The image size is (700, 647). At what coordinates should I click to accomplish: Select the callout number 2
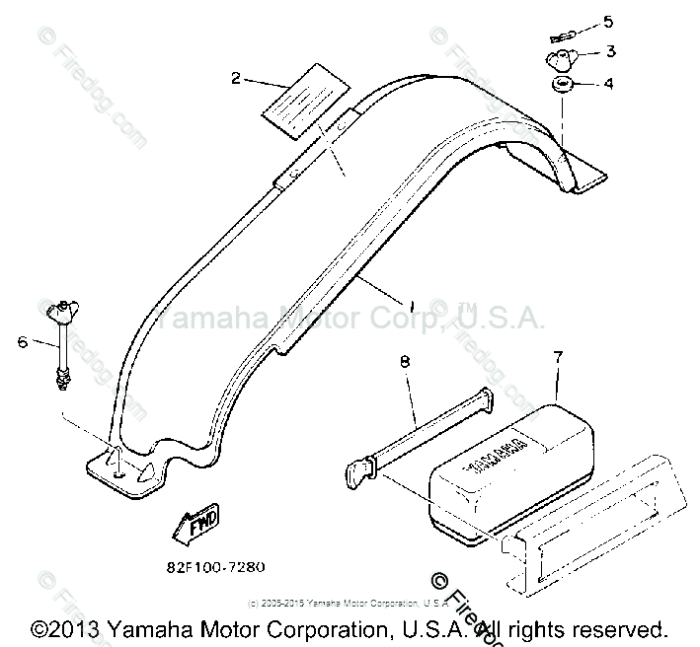pos(235,78)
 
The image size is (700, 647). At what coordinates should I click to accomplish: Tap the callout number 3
pos(611,50)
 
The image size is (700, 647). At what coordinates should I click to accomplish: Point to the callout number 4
pos(609,84)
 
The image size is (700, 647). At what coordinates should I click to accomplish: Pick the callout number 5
pos(608,20)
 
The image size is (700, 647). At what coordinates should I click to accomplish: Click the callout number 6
pos(23,342)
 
